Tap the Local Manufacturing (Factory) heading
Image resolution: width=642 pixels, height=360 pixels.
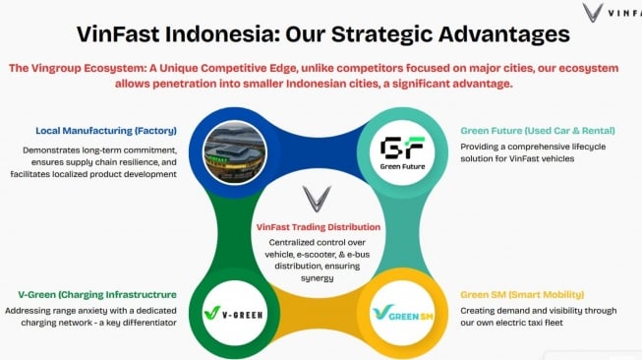tap(105, 130)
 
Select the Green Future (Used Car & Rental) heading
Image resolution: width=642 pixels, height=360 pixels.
tap(532, 130)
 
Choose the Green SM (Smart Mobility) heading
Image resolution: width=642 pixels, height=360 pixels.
tap(521, 294)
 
